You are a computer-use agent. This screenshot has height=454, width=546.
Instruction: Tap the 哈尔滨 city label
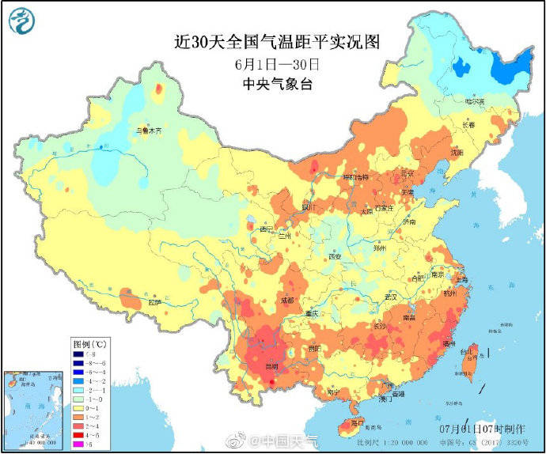473,100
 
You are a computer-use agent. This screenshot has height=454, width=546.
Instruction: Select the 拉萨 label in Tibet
154,301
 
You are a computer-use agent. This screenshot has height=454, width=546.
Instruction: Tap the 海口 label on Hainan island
358,423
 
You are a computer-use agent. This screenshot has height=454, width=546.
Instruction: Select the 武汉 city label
390,296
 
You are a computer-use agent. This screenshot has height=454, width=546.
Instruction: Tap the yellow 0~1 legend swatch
78,407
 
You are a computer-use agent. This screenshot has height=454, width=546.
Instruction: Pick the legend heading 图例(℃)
89,345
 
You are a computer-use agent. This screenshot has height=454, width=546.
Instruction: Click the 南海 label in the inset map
17,403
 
